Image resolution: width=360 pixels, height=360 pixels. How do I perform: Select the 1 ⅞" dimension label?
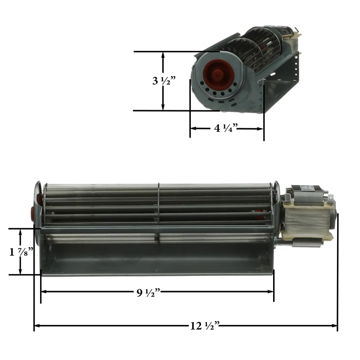coord(21,252)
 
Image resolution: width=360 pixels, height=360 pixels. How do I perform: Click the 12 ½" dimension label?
coord(204,325)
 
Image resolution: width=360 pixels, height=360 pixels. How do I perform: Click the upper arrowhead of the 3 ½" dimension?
coord(163,54)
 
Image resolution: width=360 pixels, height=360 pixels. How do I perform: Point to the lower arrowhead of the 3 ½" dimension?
coord(163,108)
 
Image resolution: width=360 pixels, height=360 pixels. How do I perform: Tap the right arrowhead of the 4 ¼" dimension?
coord(261,128)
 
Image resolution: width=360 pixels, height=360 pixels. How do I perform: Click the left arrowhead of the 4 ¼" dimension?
coord(193,128)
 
